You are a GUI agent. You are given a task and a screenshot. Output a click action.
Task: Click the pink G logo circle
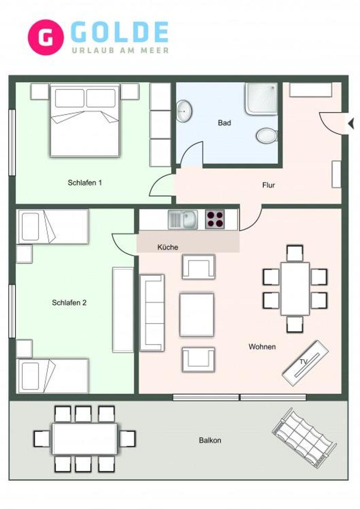click(46, 37)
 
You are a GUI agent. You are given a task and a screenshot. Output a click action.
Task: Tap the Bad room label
click(224, 123)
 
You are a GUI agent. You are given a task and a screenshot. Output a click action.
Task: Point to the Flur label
click(268, 185)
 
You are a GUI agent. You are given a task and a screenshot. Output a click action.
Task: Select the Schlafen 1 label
click(85, 183)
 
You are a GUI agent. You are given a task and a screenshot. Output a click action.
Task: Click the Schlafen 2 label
click(69, 303)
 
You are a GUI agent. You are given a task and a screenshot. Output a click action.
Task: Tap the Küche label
click(168, 247)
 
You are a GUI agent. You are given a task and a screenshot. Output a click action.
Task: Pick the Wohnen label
click(262, 347)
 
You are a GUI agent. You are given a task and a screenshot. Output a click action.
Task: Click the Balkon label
click(210, 440)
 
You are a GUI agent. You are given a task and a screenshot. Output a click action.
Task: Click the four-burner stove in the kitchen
click(215, 219)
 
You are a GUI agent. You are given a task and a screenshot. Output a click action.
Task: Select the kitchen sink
click(183, 220)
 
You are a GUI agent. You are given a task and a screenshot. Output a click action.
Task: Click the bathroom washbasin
click(184, 111)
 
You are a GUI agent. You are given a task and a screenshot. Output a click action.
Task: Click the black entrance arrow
click(351, 124)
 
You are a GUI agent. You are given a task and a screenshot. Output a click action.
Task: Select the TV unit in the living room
click(305, 363)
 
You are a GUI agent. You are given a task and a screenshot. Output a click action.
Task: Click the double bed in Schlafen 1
click(85, 120)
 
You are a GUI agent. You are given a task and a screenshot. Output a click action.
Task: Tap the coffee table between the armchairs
click(197, 315)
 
